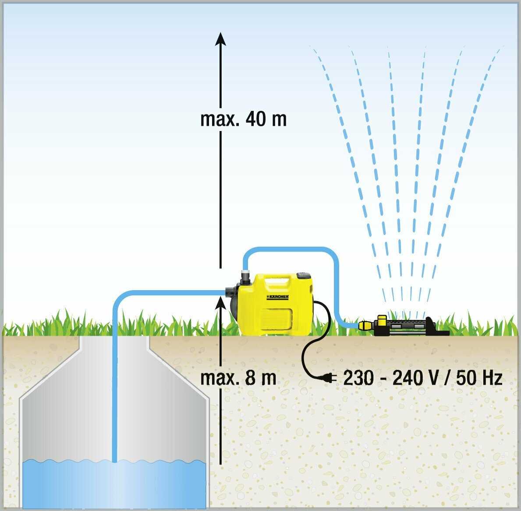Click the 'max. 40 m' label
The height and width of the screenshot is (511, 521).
[243, 119]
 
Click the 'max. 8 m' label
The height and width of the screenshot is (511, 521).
[238, 378]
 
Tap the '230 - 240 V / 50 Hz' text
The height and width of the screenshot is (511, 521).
[422, 378]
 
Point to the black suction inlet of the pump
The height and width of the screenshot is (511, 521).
[230, 293]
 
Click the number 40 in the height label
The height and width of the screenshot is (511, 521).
[255, 119]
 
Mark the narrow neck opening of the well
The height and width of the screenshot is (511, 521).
[114, 344]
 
